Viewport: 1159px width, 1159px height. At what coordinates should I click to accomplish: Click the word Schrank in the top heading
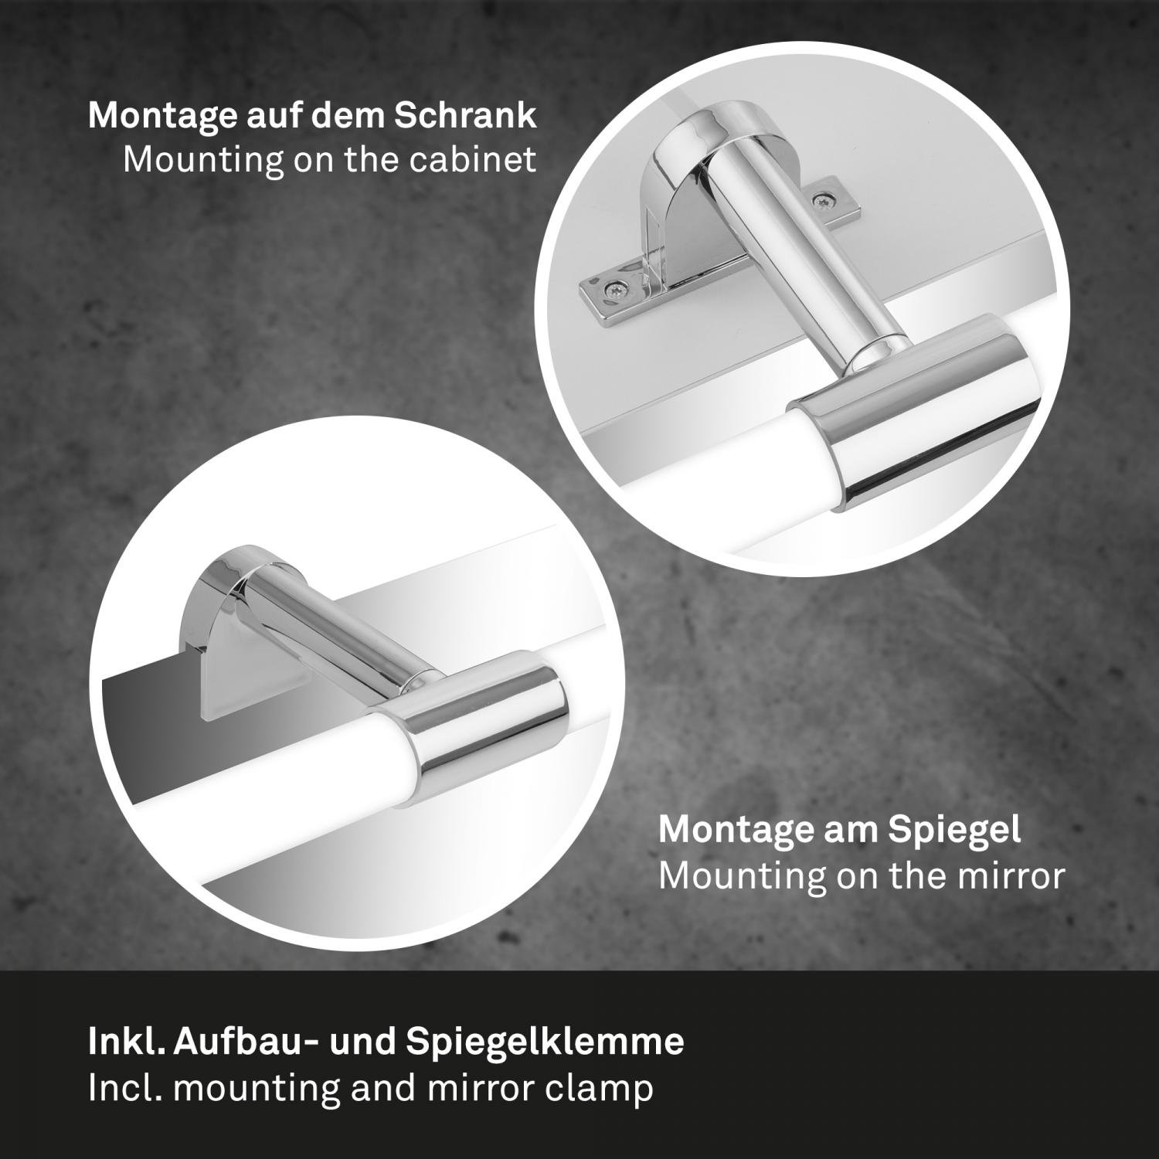point(465,115)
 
